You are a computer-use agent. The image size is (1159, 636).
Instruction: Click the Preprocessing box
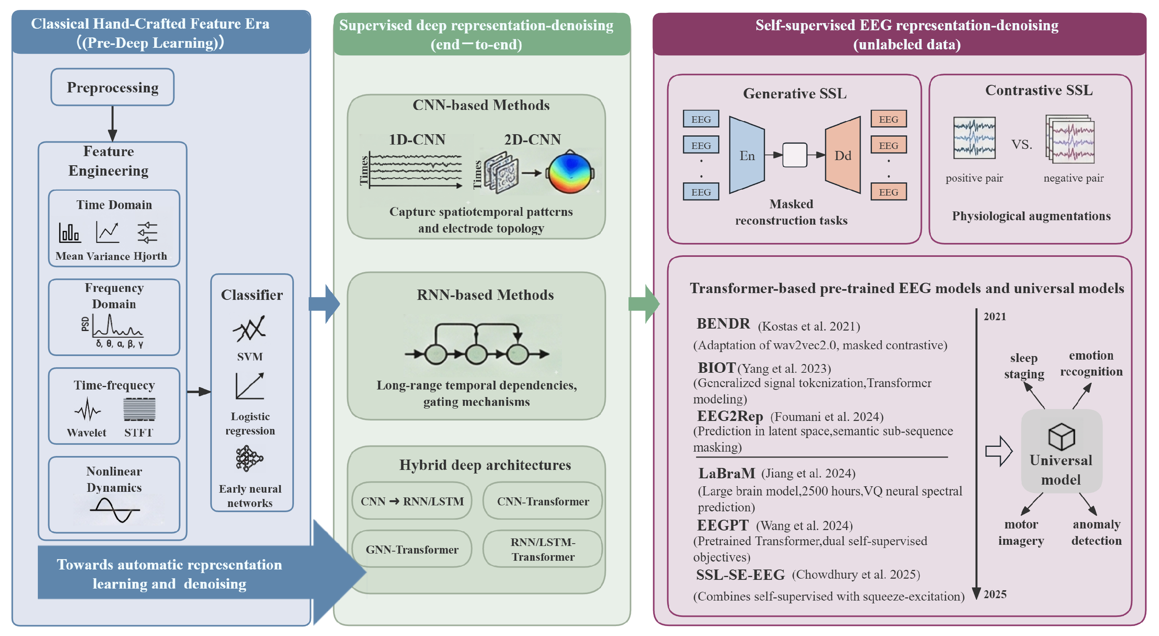tap(112, 87)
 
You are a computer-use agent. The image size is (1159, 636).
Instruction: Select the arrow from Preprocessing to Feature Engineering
tap(112, 124)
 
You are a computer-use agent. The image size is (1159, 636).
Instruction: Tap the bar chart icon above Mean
tap(69, 232)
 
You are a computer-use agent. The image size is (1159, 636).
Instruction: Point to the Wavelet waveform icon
tap(87, 409)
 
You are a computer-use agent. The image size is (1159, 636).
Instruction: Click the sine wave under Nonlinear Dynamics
tap(115, 510)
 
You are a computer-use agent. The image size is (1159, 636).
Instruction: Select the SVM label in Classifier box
tap(250, 356)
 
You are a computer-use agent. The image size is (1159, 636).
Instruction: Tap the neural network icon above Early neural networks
tap(249, 459)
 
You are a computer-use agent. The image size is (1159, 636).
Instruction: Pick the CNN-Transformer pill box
tap(542, 501)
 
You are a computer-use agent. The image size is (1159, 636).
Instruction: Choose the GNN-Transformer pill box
tap(412, 549)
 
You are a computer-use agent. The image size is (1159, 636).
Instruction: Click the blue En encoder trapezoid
tap(746, 155)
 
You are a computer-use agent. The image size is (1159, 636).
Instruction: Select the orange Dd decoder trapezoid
tap(843, 155)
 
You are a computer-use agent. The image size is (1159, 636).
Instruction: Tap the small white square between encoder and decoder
tap(795, 155)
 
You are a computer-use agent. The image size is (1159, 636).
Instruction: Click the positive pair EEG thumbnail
tap(974, 138)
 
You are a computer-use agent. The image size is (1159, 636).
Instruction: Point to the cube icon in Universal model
tap(1061, 436)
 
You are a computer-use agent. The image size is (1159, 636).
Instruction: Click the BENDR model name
tap(723, 324)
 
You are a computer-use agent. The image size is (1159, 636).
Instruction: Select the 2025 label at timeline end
tap(995, 594)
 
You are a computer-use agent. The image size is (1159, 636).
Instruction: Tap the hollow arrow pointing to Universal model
tap(998, 451)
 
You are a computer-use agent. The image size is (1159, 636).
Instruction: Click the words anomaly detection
tap(1096, 532)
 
